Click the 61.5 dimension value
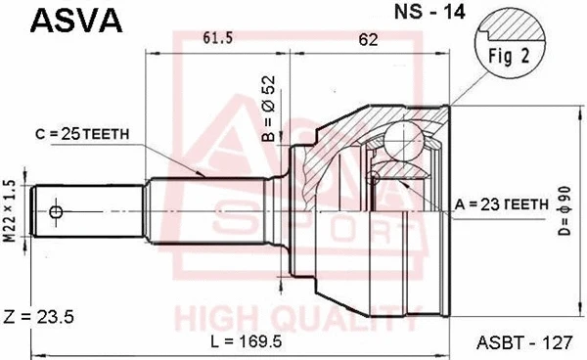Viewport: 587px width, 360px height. point(217,38)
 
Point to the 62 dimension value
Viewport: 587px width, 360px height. point(368,38)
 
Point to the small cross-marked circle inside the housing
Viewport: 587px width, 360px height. point(373,179)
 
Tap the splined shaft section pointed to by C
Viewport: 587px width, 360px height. point(210,210)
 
